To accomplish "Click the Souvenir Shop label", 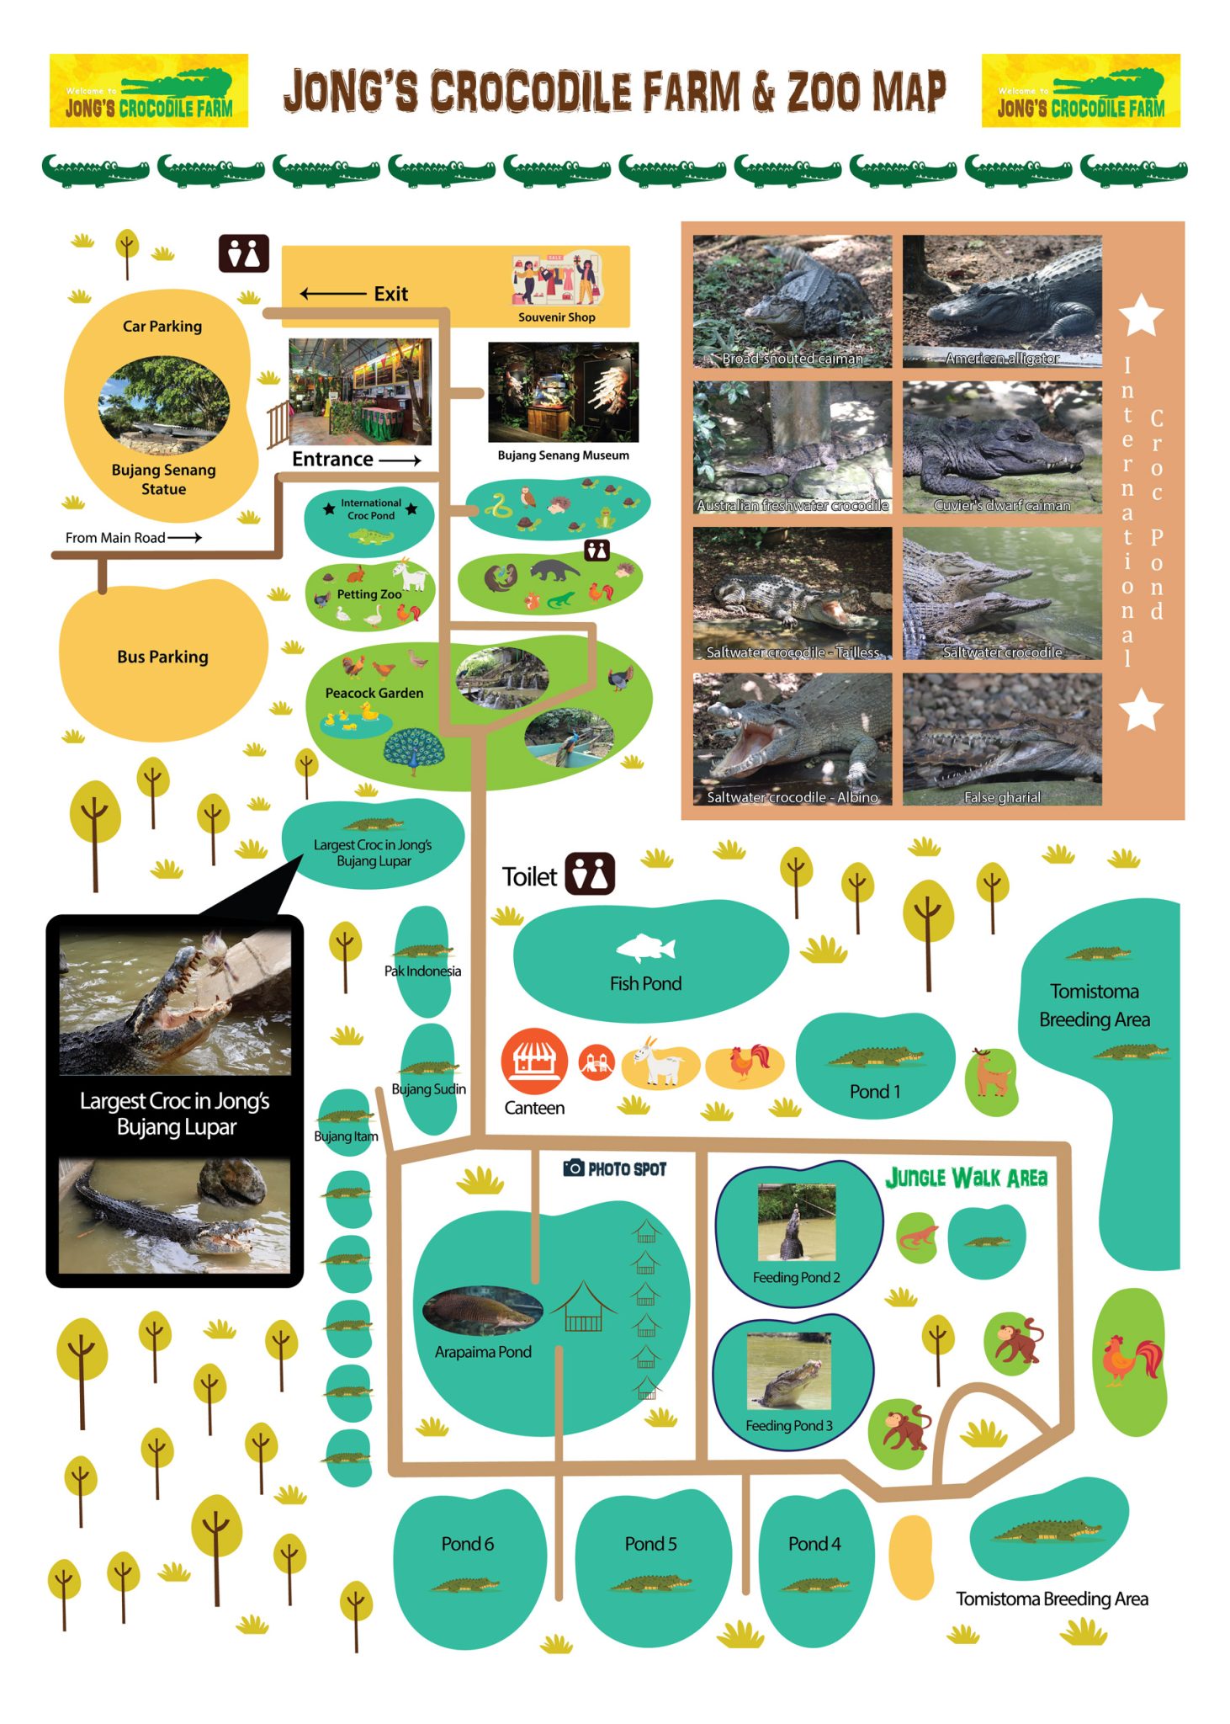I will point(556,317).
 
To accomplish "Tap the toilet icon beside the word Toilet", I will point(590,874).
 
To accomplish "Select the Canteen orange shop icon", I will point(533,1062).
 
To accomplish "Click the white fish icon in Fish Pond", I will point(645,949).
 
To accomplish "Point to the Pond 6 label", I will point(467,1544).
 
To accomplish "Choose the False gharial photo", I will point(1001,738).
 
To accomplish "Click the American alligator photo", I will point(1001,301).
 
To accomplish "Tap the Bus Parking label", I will point(162,657).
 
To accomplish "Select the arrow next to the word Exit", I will point(333,294).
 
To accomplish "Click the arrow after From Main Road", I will point(184,537).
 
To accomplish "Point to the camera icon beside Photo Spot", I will point(574,1168).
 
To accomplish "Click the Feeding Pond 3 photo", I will point(788,1371).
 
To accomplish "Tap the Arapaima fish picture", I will point(483,1310).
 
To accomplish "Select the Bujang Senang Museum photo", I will point(563,391).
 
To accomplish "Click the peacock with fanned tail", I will point(413,750).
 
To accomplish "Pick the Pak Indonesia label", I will point(422,971).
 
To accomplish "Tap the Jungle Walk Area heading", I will point(966,1178).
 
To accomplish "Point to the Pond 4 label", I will point(814,1544).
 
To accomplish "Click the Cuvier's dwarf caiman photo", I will point(1001,447).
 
